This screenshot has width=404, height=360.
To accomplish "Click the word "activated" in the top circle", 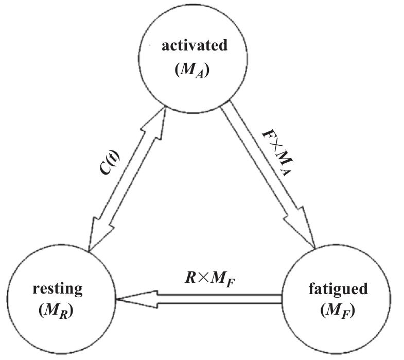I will pyautogui.click(x=194, y=46).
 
